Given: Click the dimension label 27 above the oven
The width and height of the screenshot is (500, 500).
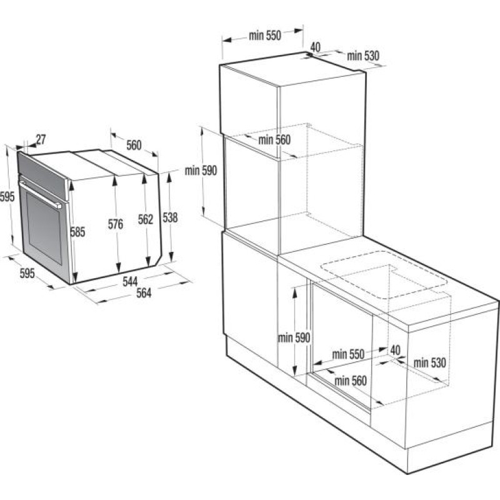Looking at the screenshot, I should coord(41,139).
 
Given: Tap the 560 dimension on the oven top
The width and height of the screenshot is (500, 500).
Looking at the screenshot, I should coord(134,146).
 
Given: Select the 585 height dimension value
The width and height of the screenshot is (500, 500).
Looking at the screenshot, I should coord(77,232).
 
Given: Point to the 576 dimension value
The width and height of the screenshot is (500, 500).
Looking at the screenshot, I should coord(115,225).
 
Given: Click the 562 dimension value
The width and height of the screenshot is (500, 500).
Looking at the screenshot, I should coord(145,219).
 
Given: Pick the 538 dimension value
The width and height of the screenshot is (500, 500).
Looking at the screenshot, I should coord(170,217).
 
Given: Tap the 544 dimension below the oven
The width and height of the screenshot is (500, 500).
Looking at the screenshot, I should coord(130,282).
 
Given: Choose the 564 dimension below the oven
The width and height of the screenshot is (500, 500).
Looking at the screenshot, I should coord(144,294).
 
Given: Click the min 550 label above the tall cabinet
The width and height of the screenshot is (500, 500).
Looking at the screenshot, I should coord(265,36).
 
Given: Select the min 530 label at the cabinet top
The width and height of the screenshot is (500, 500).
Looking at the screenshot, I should coord(364,56).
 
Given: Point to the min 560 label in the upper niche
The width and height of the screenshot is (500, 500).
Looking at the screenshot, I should coord(274,140).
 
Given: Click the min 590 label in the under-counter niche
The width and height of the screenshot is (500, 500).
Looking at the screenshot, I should coord(294,337).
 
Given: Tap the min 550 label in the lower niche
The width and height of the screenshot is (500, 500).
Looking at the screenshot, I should coord(347,354).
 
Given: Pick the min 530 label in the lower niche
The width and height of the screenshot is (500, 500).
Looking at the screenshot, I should coord(430,362).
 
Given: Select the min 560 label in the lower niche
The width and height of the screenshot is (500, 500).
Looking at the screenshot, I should coord(351,379).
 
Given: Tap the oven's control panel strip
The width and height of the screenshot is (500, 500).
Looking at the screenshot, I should coord(42,172).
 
